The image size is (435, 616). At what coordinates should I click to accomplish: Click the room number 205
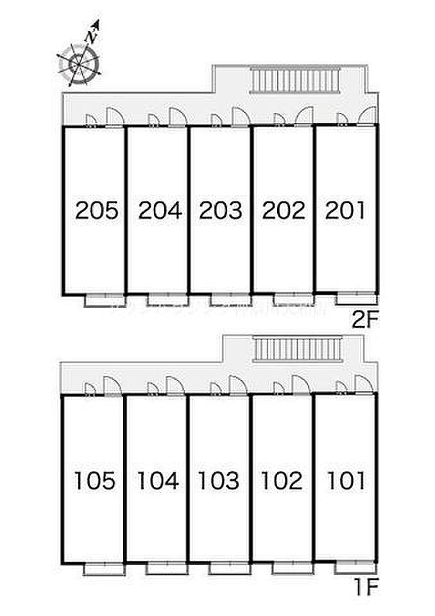coord(97,210)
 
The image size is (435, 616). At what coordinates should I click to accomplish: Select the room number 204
coord(160,210)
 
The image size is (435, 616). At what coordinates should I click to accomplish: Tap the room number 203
coord(221,210)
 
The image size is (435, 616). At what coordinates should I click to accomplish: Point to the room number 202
coord(284,210)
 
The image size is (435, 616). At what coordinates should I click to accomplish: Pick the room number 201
coord(345,210)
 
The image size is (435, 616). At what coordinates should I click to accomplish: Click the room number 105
coord(94,480)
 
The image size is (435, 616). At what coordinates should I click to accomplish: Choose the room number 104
coord(158,480)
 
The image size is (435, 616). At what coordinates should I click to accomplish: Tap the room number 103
coord(219,480)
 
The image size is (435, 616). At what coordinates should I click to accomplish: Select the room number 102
coord(282,480)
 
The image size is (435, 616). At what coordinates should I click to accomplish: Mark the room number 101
coord(345,480)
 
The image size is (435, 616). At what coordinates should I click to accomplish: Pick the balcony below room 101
coord(354,567)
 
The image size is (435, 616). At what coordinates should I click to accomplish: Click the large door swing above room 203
coord(241,117)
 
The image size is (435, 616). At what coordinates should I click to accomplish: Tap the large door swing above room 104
coord(175,385)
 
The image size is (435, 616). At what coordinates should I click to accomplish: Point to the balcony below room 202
coord(291,299)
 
